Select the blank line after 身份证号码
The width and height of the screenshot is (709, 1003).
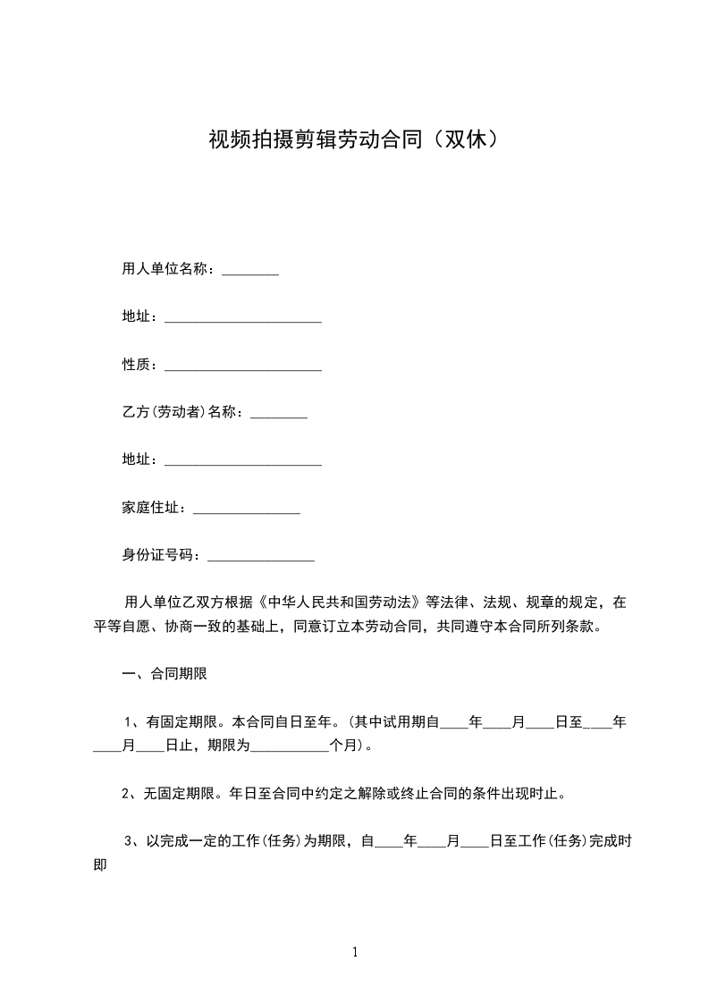(261, 558)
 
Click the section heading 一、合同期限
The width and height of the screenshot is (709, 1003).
(165, 674)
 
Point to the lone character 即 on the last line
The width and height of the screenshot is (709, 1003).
(100, 864)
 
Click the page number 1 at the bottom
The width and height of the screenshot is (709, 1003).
(355, 952)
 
